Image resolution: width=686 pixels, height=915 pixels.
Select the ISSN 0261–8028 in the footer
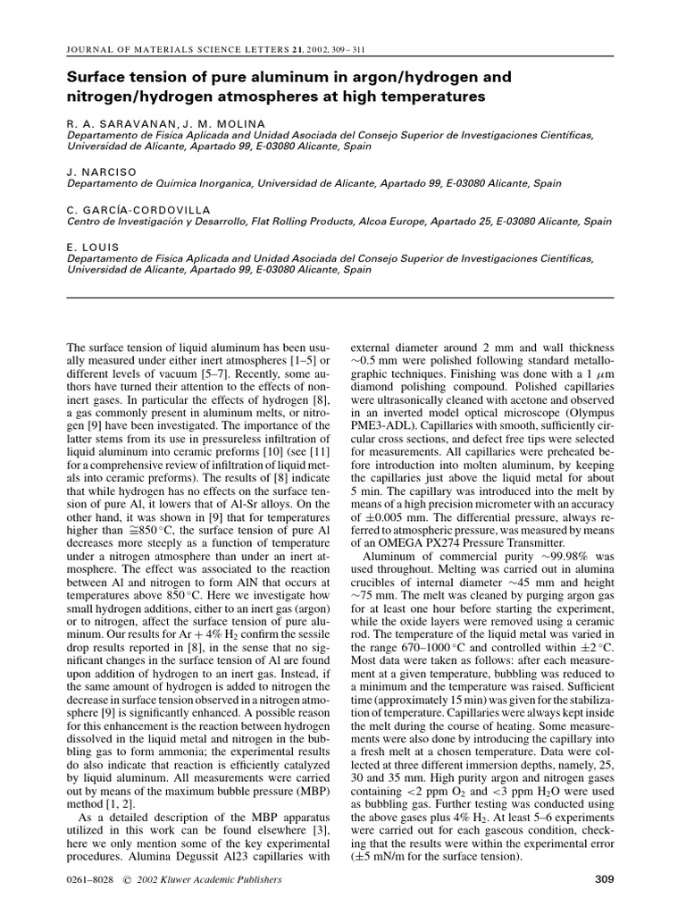pos(92,880)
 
